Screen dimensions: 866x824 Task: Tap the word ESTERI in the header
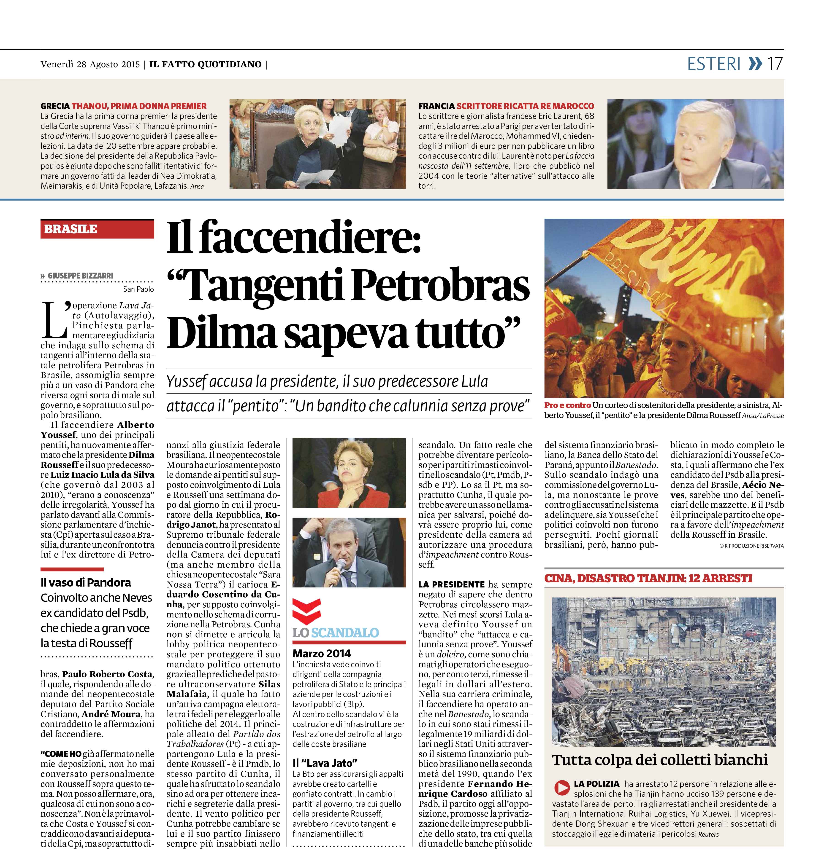coord(714,64)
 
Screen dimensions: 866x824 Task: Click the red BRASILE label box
coord(97,229)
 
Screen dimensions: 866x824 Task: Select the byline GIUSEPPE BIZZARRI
coord(80,276)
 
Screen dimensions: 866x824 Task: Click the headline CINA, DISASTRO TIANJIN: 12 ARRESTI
coord(648,579)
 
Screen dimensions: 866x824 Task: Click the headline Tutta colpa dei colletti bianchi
coord(660,760)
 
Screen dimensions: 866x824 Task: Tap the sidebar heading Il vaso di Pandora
coord(86,582)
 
